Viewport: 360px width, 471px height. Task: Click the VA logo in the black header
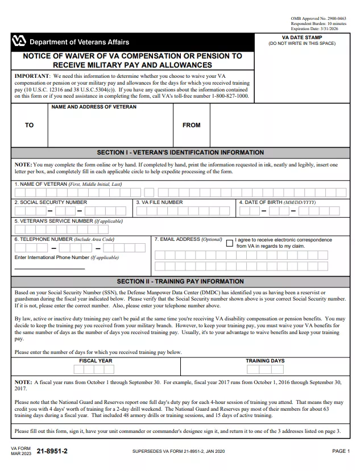pyautogui.click(x=18, y=41)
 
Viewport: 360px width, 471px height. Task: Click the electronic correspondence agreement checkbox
pyautogui.click(x=230, y=243)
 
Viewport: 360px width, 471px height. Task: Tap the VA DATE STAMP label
pyautogui.click(x=301, y=37)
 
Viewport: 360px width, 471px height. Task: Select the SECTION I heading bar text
pyautogui.click(x=180, y=152)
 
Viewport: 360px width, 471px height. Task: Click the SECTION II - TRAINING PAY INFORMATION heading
pyautogui.click(x=180, y=281)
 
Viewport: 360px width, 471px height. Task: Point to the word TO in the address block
pyautogui.click(x=29, y=125)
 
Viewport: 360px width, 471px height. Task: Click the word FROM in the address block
pyautogui.click(x=191, y=125)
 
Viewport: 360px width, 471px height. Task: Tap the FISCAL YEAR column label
pyautogui.click(x=96, y=361)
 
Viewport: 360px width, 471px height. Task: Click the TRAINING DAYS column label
pyautogui.click(x=265, y=361)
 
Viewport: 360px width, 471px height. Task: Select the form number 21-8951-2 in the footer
pyautogui.click(x=52, y=451)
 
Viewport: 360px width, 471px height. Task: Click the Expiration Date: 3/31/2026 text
pyautogui.click(x=315, y=28)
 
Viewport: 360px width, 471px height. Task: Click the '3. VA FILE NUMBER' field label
pyautogui.click(x=160, y=202)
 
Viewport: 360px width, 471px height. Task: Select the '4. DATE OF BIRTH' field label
pyautogui.click(x=277, y=202)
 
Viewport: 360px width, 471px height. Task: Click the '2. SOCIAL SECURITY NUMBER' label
pyautogui.click(x=51, y=202)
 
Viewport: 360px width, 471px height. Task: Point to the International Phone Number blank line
pyautogui.click(x=49, y=267)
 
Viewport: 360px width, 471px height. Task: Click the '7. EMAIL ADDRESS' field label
pyautogui.click(x=188, y=240)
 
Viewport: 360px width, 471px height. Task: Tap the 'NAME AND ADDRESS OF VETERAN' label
pyautogui.click(x=94, y=107)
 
